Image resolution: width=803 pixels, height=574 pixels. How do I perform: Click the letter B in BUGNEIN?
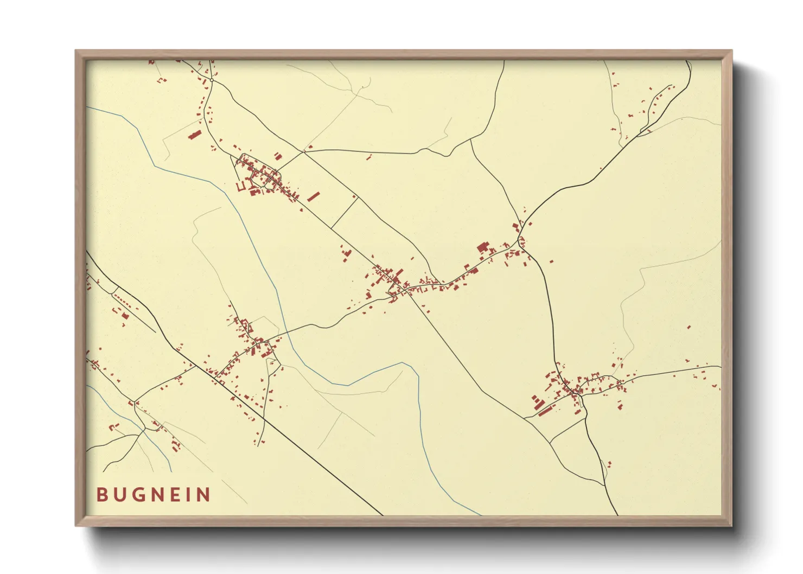click(x=101, y=495)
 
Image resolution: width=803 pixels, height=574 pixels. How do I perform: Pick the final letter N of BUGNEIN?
click(x=203, y=495)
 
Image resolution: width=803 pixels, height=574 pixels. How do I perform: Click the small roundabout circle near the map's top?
click(x=212, y=80)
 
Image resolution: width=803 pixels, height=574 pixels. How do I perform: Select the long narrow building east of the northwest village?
click(x=313, y=196)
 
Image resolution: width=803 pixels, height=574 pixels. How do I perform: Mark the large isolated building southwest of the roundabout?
click(x=194, y=133)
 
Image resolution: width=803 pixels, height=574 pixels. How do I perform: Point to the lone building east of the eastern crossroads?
click(x=551, y=262)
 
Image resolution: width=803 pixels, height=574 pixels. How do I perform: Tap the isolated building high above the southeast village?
click(x=689, y=327)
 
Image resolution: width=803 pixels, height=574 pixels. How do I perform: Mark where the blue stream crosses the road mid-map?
click(x=288, y=331)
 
